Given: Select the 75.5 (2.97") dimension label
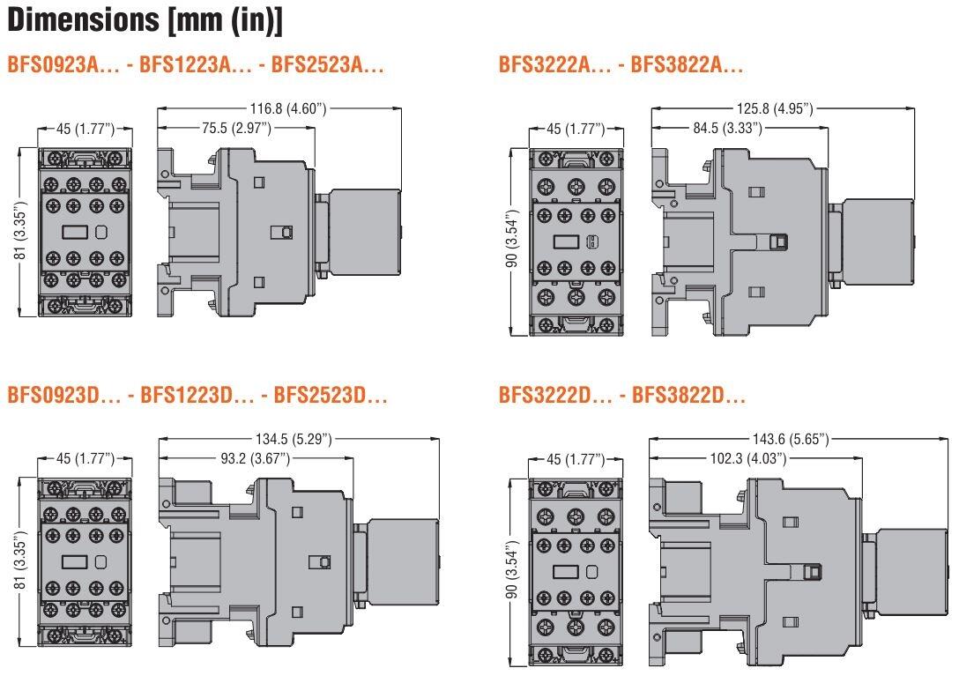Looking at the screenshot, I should (x=236, y=129).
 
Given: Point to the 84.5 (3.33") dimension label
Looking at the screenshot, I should (x=728, y=129).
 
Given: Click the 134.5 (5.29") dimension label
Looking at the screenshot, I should (x=300, y=439).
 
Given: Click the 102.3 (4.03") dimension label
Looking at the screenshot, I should (x=741, y=458).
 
